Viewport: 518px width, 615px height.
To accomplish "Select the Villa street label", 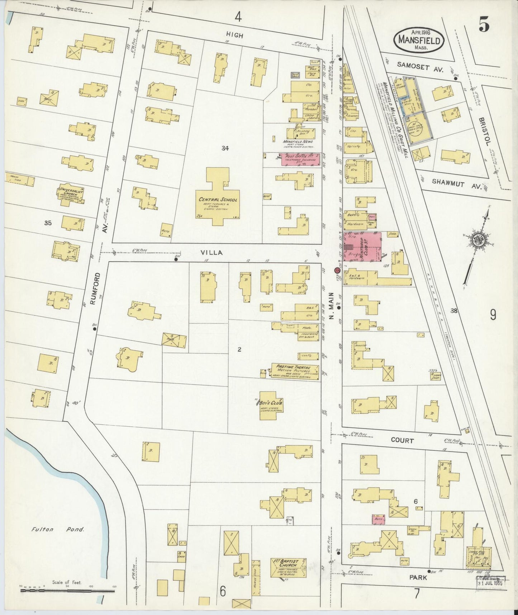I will tap(214, 252).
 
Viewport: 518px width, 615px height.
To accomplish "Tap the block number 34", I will tap(225, 148).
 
